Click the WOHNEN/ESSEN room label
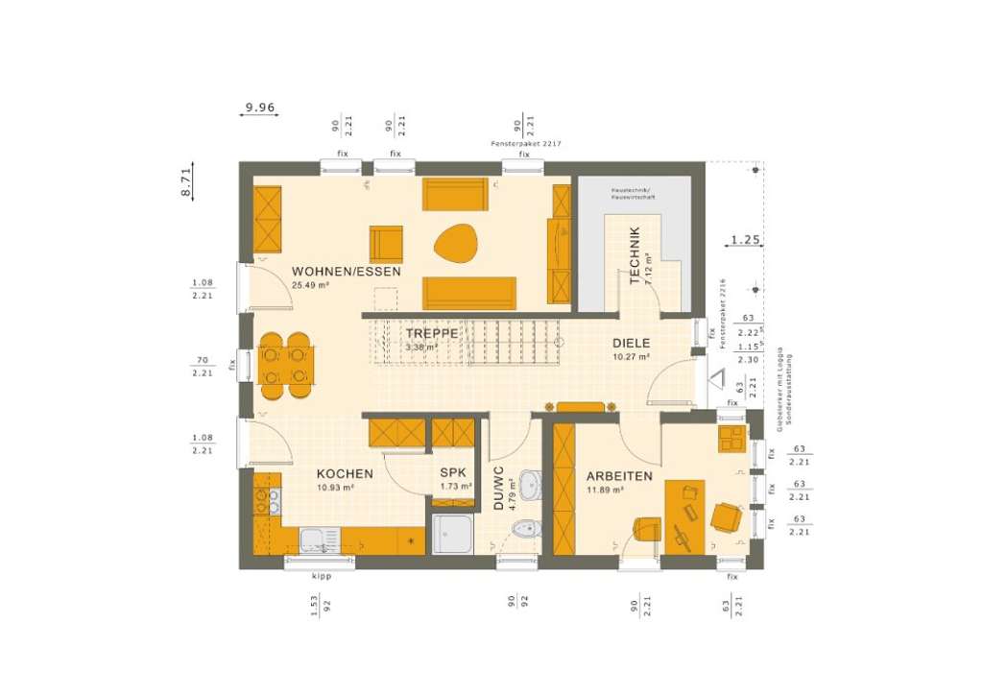pos(347,272)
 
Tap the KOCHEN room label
pos(345,474)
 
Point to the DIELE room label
pos(632,343)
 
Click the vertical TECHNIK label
pos(635,255)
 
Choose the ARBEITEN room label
pos(619,476)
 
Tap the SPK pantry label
pos(453,473)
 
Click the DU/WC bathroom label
pos(499,489)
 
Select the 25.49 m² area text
pos(311,286)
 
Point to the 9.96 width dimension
pos(259,107)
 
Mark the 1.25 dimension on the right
pos(745,239)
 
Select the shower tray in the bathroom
pos(451,534)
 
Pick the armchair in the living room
pos(387,243)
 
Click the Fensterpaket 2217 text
pos(525,143)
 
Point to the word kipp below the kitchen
pos(321,577)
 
